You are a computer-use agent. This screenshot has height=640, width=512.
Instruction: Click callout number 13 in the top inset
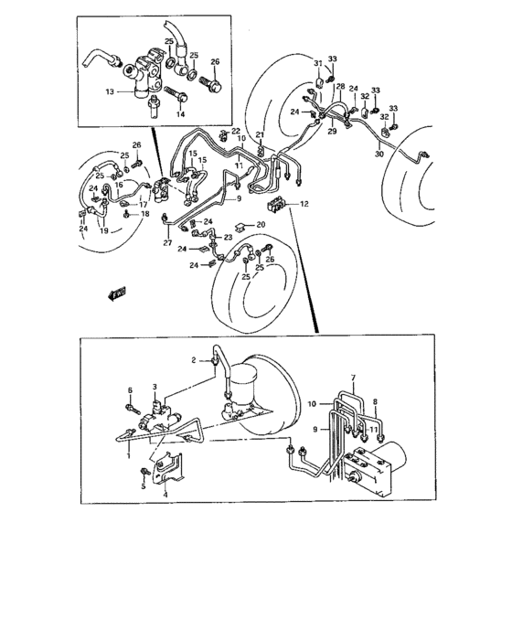[x=109, y=91]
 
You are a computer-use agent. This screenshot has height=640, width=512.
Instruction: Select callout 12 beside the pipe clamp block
[x=304, y=205]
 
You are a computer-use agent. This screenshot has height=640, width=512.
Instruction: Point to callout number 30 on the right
[x=379, y=155]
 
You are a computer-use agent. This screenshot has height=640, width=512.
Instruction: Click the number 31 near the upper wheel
[x=318, y=62]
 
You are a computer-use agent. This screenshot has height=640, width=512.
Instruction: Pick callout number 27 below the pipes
[x=168, y=243]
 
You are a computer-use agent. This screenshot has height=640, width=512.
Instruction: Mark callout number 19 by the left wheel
[x=103, y=231]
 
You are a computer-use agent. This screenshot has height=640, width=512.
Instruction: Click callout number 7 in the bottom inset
[x=351, y=378]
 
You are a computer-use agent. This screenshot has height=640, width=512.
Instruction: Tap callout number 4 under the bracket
[x=165, y=496]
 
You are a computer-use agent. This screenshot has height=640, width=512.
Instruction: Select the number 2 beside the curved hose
[x=194, y=360]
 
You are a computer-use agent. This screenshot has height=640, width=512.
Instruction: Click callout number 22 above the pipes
[x=235, y=131]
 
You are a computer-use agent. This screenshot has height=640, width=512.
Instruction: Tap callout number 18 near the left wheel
[x=144, y=213]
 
